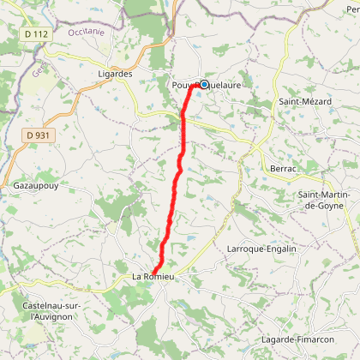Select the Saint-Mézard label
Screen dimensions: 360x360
coord(298,101)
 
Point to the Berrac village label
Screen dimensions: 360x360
coord(284,169)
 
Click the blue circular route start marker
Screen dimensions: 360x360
coord(205,84)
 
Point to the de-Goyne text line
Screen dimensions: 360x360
coord(324,205)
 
